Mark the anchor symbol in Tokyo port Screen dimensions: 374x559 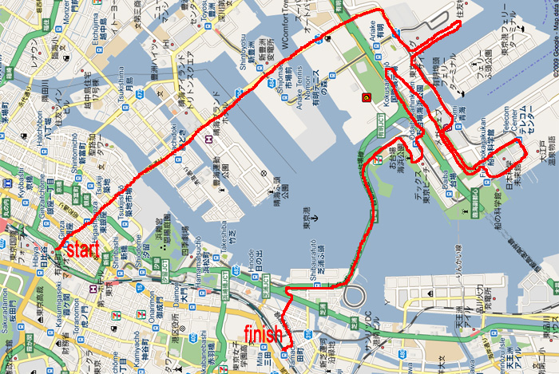pyautogui.click(x=314, y=217)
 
